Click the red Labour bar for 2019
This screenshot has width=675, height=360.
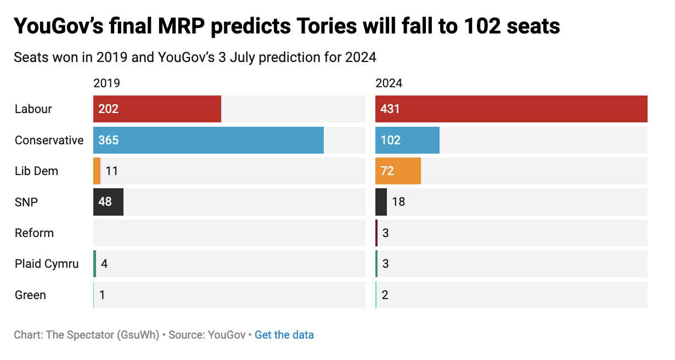coord(157,109)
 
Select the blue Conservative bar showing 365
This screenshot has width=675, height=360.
coord(209,140)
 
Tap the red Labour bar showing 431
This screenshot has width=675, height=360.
coord(511,109)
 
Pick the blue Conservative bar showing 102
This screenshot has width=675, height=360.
coord(407,140)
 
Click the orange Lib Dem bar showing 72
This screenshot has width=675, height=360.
coord(398,171)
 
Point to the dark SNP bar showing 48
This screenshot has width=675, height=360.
coord(108,202)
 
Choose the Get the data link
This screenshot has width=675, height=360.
coord(284,335)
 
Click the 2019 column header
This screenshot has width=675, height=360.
coord(106,83)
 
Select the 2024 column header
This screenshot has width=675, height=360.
coord(389,83)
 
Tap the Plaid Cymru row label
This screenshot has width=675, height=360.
coord(47,264)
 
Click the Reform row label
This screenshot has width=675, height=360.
coord(34,233)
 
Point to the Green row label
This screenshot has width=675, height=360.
coord(30,295)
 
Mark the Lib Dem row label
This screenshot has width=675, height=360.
coord(36,171)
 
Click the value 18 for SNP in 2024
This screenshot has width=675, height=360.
coord(398,202)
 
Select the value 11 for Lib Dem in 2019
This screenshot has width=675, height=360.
coord(112,171)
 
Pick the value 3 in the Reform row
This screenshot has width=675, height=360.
coord(386,233)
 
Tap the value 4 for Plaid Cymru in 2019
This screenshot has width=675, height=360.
coord(104,264)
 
